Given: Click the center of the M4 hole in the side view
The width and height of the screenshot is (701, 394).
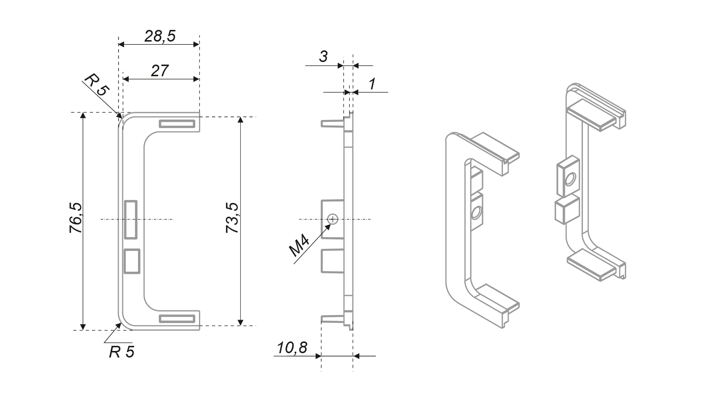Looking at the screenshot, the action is click(x=333, y=219).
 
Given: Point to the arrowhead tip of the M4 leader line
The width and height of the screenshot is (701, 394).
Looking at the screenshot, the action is click(x=331, y=223).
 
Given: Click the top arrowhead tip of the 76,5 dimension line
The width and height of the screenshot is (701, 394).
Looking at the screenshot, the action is click(x=83, y=113).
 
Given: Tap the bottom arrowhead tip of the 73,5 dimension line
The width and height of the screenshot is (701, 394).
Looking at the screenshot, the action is click(x=240, y=325).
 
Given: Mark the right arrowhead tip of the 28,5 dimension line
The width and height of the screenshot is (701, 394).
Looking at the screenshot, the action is click(x=199, y=45).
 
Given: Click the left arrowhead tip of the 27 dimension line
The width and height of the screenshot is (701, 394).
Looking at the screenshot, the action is click(x=123, y=79).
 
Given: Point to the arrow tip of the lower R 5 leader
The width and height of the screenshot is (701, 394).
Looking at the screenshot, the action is click(x=121, y=323).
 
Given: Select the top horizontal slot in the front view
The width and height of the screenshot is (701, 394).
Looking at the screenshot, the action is click(x=177, y=124).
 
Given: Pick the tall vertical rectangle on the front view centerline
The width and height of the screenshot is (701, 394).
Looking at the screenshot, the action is click(x=130, y=220).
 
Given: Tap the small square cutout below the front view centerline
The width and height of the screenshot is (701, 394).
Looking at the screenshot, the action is click(x=132, y=261).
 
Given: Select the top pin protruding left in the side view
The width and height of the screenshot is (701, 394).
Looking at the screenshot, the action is click(x=332, y=123).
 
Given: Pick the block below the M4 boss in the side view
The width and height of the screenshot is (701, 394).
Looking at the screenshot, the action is click(x=332, y=261).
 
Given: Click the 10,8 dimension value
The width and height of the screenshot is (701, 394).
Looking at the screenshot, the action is click(x=292, y=348).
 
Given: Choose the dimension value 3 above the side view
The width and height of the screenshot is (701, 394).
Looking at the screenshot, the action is click(x=323, y=57).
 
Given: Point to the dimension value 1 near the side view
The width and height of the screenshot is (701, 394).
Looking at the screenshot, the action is click(x=372, y=84).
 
